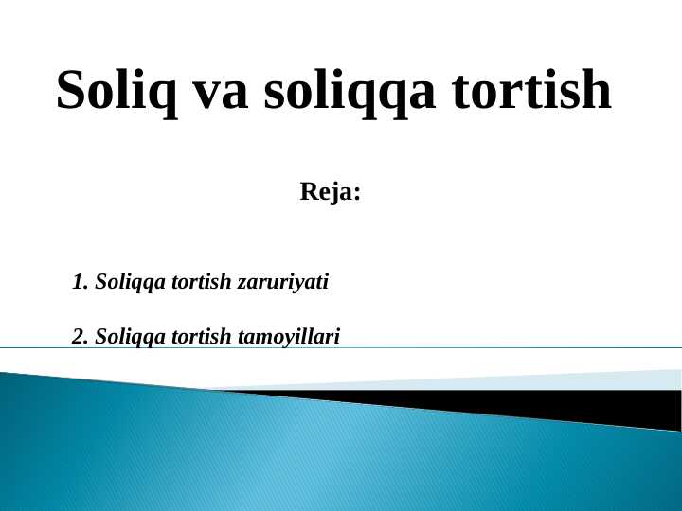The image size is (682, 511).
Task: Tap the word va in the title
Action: [221, 90]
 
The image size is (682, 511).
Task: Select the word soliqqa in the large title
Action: [349, 92]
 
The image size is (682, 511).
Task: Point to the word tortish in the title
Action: [530, 90]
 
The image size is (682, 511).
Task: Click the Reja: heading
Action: [331, 192]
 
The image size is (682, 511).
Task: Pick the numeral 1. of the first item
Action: [81, 282]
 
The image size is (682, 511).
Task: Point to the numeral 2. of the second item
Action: [81, 336]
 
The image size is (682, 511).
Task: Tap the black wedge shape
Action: [568, 404]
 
